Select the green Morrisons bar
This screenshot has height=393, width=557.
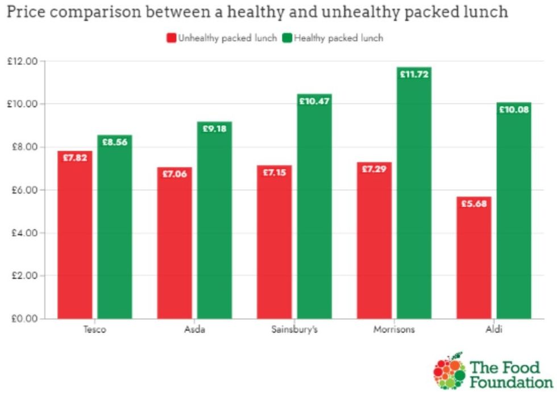414,193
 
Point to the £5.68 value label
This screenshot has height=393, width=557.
473,204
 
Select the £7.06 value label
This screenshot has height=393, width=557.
174,174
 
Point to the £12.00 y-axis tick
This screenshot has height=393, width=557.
22,61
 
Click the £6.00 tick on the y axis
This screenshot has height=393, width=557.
22,190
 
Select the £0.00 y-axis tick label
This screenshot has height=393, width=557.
22,318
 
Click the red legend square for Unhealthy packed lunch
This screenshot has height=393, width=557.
171,38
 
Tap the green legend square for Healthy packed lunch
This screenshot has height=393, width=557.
287,38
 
